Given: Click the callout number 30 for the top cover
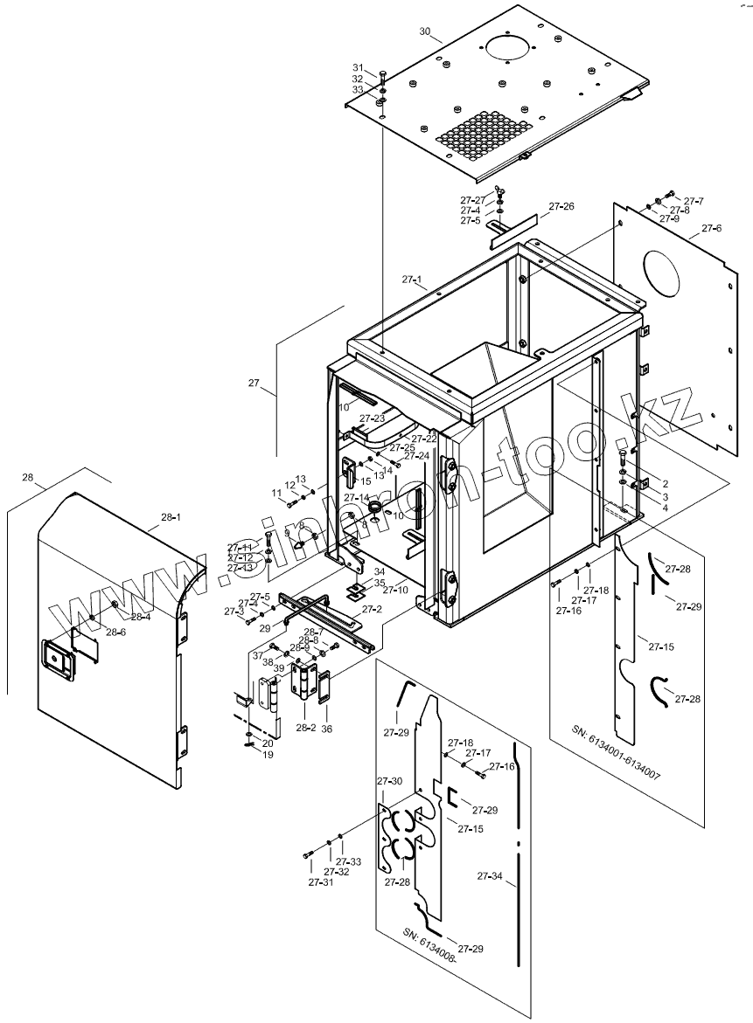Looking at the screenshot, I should (425, 31).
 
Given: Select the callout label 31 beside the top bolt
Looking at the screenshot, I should (358, 68).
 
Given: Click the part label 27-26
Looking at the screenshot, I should (561, 207).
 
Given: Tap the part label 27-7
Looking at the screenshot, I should (694, 202).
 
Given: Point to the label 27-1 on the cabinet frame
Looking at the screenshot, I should (413, 280).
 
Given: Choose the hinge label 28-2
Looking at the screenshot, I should (305, 727).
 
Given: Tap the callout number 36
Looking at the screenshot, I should (328, 727).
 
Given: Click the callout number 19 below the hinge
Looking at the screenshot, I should (268, 754).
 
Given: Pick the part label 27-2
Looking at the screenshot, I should (373, 609).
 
